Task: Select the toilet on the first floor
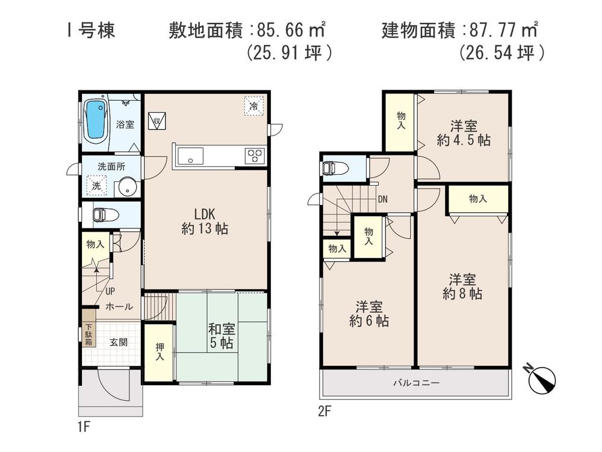pos(107,215)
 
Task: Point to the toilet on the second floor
pos(336,168)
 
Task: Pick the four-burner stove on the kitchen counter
pos(255,155)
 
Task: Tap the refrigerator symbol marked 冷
pos(254,106)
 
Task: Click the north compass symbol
pos(541,379)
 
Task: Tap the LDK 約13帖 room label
pos(205,221)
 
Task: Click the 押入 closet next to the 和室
pos(159,352)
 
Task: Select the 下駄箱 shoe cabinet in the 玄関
pos(88,333)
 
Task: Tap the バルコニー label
pos(416,383)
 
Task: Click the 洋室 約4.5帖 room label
pos(464,133)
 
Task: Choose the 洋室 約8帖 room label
pos(462,287)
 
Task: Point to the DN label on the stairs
pos(382,199)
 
